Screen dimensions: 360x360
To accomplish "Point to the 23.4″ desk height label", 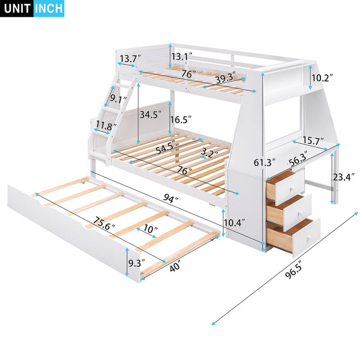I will pos(343,176).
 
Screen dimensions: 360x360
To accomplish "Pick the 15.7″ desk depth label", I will pos(313,141).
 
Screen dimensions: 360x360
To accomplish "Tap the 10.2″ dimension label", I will pos(322,78).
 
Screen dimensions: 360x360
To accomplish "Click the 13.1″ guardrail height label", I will pos(181,56).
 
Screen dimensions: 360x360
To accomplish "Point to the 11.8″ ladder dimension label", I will pos(106,125).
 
